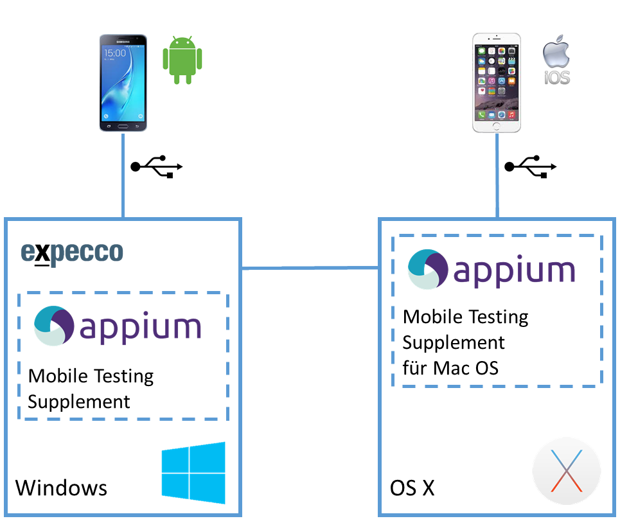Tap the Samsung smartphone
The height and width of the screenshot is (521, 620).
click(123, 83)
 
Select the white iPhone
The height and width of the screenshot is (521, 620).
click(497, 83)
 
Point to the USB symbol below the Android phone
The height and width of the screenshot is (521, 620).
click(157, 166)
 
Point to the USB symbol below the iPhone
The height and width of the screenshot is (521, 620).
click(531, 166)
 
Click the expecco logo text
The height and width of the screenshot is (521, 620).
click(71, 253)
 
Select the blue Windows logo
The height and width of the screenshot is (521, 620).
click(193, 472)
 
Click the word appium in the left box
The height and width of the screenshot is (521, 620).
click(141, 328)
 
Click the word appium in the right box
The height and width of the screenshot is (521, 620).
click(514, 270)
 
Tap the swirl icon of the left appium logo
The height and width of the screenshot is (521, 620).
click(53, 326)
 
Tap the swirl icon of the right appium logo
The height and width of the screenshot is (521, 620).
click(427, 269)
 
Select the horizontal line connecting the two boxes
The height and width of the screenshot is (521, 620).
click(310, 268)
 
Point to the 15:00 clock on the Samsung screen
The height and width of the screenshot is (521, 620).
click(116, 53)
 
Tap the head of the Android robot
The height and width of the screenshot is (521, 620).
click(182, 42)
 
